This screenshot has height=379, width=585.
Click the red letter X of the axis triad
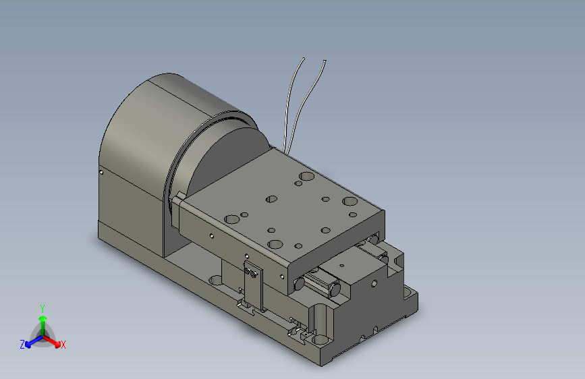[x=63, y=345]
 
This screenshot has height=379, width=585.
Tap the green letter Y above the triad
[x=43, y=308]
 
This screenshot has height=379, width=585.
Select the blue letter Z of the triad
[x=22, y=345]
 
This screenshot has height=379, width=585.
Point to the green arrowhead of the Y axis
[x=43, y=318]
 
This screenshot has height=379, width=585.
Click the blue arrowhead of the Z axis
[x=28, y=345]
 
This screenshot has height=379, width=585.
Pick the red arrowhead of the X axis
[x=57, y=344]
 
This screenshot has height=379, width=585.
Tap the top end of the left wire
[x=304, y=59]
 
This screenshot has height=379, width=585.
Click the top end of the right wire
[x=325, y=61]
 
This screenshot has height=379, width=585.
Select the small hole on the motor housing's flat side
[x=101, y=172]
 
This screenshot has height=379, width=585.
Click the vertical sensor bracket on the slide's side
[x=253, y=285]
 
